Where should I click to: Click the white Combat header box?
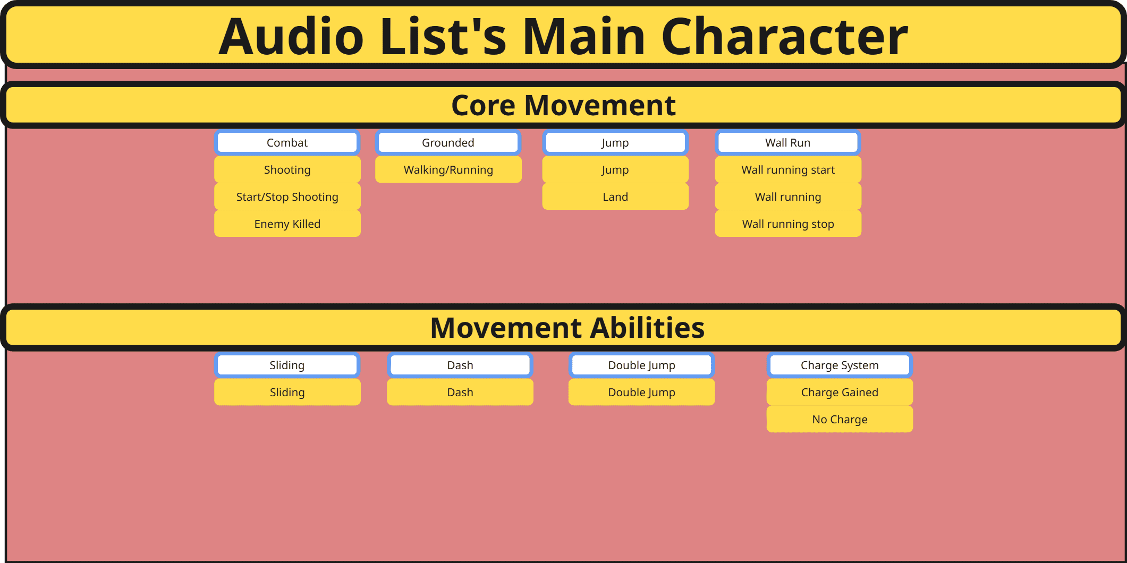coord(287,142)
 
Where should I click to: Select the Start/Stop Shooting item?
coord(287,197)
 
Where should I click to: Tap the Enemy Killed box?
coord(287,224)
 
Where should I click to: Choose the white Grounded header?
coord(448,142)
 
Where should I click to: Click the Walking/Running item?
coord(448,170)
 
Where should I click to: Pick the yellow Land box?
coord(615,197)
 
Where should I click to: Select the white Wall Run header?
coord(787,142)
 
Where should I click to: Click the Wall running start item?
coord(787,170)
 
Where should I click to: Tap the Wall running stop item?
coord(787,224)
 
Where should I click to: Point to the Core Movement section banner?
coord(563,105)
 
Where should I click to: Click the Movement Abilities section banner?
coord(566,328)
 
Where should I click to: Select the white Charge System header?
coord(840,365)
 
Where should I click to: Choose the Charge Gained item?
coord(840,393)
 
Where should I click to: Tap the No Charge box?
coord(840,420)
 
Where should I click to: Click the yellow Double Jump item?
coord(641,393)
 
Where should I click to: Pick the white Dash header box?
coord(460,365)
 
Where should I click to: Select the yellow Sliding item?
coord(287,393)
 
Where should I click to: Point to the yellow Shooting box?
coord(287,170)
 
